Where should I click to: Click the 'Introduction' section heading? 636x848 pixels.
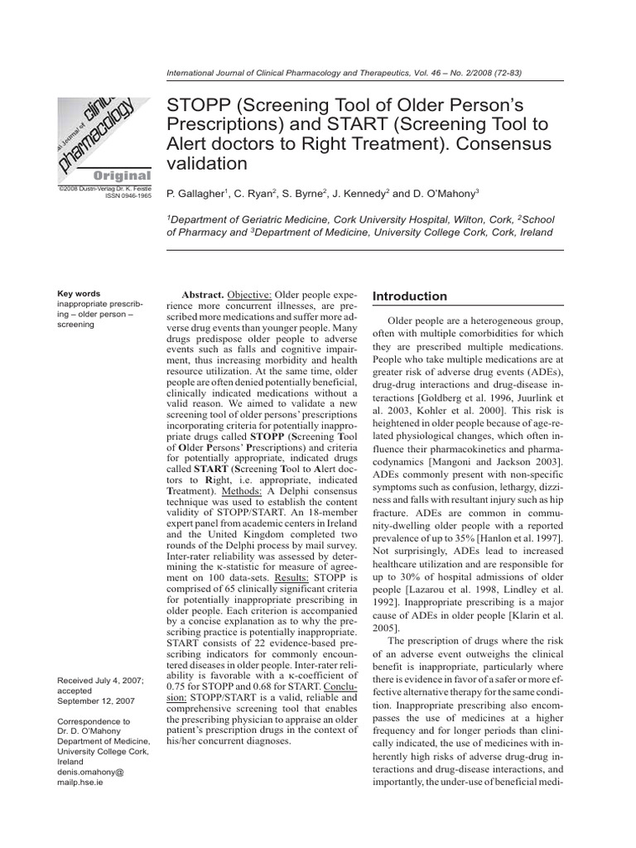tap(410, 296)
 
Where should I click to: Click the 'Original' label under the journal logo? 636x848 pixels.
tap(121, 176)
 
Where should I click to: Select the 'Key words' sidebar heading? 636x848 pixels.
tap(79, 293)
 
